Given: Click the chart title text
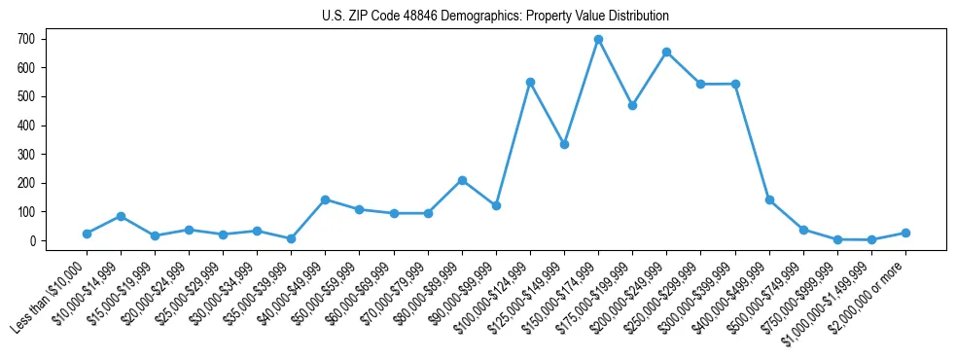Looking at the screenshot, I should point(495,17).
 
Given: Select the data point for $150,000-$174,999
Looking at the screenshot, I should point(598,40).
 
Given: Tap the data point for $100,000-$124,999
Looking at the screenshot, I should point(530,82).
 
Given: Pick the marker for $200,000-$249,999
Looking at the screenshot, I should point(666,52).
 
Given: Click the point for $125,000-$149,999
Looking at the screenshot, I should point(564,144).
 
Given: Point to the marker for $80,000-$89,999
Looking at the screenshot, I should point(462,180).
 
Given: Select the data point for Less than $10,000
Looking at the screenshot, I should point(87,234).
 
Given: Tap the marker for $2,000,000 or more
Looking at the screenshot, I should point(905,233).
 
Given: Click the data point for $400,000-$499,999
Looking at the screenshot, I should point(769,199).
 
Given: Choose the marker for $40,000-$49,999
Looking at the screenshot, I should point(325,199).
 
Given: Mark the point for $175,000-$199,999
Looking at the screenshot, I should point(632,105).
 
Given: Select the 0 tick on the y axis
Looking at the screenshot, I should point(36,240).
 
